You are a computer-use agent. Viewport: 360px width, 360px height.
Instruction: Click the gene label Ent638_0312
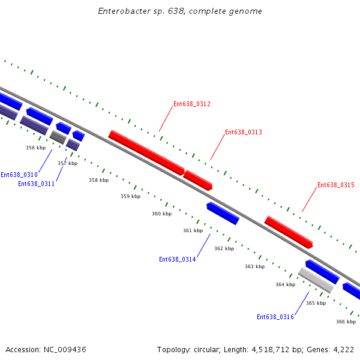point(192,104)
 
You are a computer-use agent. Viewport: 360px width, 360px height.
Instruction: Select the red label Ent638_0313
point(244,132)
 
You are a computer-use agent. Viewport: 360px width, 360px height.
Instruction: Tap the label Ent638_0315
point(336,185)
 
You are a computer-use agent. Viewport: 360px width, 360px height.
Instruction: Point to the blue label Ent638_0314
point(178,259)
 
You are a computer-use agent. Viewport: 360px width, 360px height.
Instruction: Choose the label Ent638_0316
point(275,317)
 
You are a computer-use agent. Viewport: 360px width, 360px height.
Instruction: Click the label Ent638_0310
point(19,175)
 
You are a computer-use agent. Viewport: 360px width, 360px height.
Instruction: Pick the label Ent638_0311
point(37,184)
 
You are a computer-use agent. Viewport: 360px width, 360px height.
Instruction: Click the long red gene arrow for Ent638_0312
point(146,152)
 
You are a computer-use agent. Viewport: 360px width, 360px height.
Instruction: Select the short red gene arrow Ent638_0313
point(198,180)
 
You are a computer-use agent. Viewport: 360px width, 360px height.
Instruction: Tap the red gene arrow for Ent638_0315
point(289,232)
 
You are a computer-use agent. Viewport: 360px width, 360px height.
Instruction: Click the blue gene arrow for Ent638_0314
point(223,214)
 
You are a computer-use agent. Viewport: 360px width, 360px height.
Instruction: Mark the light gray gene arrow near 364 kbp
point(316,280)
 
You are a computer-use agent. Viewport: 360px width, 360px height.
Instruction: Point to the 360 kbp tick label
point(161,214)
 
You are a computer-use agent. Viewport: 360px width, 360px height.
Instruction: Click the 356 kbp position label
point(35,148)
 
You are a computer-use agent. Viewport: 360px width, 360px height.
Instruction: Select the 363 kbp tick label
point(254,266)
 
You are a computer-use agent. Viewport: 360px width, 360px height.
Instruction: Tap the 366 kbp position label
point(346,322)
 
